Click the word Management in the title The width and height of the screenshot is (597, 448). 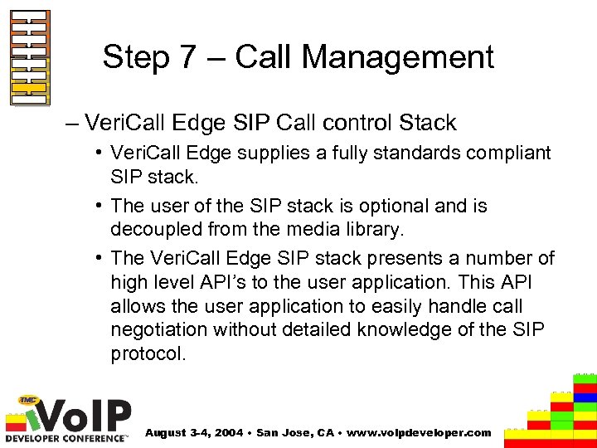[398, 57]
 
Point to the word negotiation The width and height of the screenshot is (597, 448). [159, 329]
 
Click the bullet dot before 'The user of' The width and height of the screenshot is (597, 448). [98, 206]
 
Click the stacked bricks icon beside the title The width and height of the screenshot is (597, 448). [31, 58]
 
